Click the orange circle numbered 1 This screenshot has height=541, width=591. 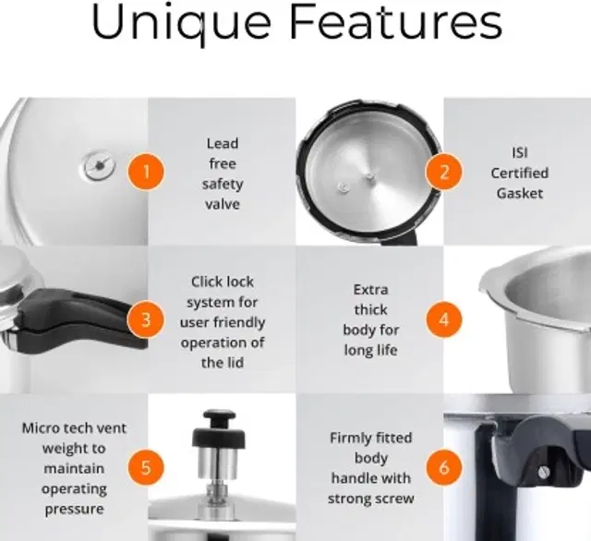(x=146, y=171)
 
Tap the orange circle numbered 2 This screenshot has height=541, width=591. (x=443, y=171)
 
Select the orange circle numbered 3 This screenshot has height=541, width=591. (x=146, y=320)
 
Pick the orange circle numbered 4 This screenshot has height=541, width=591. (x=443, y=320)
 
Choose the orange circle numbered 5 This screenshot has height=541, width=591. (x=146, y=467)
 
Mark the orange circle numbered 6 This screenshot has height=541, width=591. (x=443, y=467)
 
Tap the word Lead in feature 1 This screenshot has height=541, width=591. (x=223, y=143)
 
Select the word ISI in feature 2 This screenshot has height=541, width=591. (x=520, y=152)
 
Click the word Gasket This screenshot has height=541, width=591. (x=520, y=193)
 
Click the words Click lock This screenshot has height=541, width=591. (x=223, y=282)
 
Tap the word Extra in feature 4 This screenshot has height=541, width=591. (x=371, y=289)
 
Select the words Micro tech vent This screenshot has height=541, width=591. (x=74, y=428)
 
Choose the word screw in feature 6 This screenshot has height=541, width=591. (x=392, y=499)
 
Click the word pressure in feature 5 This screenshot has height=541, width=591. (x=74, y=508)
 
